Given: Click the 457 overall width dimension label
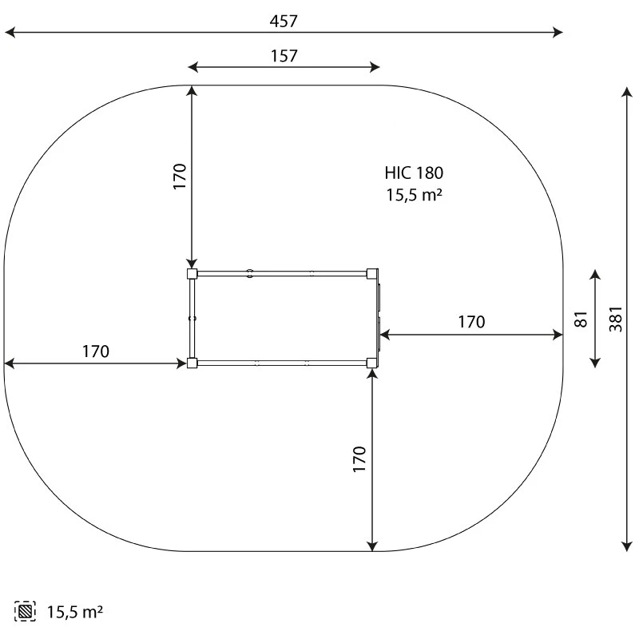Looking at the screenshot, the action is point(284,22).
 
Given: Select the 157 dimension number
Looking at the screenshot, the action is point(284,56).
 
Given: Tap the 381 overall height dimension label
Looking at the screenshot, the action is point(616,319).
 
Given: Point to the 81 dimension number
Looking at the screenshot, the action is point(581,319).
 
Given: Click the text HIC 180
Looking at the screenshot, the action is point(414,173).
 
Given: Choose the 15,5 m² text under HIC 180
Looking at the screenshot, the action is point(414,195).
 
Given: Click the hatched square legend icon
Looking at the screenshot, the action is point(25,611).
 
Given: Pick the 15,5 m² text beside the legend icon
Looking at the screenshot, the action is point(75,612).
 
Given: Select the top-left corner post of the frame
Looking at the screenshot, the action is point(192,273).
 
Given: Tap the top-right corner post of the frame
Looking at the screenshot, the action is point(372,273).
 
